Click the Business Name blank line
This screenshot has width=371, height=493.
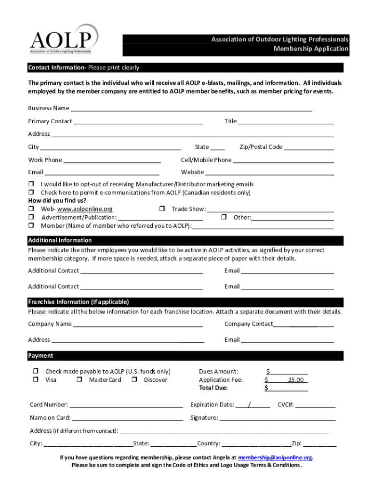(191, 108)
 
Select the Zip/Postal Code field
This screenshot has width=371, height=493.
(308, 147)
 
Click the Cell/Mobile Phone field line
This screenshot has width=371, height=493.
(283, 160)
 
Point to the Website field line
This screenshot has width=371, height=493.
(269, 172)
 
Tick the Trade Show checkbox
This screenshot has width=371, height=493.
(162, 209)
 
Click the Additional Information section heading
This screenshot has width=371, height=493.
(60, 240)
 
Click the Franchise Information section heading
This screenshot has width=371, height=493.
(79, 302)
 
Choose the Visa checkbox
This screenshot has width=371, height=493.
(36, 380)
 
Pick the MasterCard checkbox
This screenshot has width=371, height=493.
(79, 380)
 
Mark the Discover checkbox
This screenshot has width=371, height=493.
(134, 380)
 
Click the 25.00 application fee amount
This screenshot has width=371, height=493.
(296, 380)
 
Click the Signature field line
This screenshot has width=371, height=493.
(278, 417)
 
